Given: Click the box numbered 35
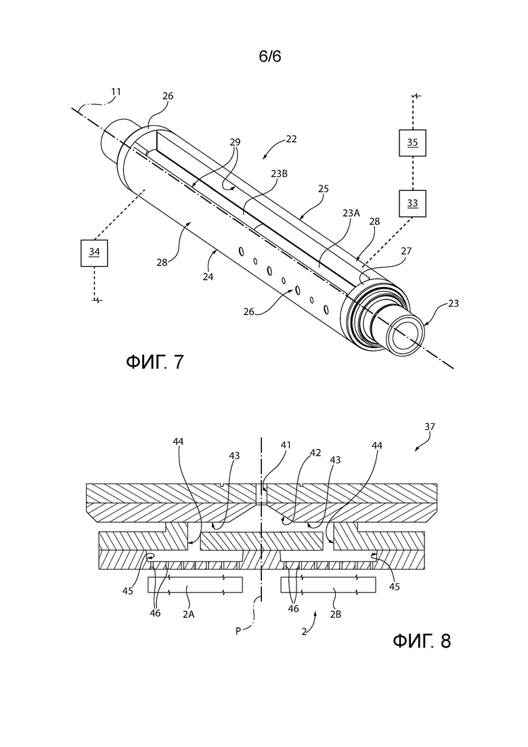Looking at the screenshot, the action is (x=412, y=143).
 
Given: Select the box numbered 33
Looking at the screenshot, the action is (x=412, y=203).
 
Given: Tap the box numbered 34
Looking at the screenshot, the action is (x=94, y=253).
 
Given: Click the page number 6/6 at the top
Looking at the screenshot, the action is (x=270, y=56).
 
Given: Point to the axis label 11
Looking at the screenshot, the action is (x=116, y=91).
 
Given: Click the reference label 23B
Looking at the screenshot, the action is (x=280, y=174).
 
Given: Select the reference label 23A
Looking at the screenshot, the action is (x=351, y=213).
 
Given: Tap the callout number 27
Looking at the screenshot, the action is (x=406, y=251).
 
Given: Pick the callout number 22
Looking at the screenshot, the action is (x=291, y=139).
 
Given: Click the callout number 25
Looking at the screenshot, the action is (x=324, y=189).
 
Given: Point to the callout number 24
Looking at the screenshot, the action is (x=208, y=276).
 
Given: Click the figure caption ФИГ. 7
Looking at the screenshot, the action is (x=155, y=362).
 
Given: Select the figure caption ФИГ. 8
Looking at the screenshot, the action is (x=422, y=641).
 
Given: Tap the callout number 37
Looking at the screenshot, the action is (x=429, y=427).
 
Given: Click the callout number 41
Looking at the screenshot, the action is (x=286, y=446).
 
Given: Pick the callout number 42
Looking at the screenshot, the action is (x=315, y=452).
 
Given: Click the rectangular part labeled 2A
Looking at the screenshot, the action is (x=195, y=584).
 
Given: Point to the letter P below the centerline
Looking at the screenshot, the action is (x=238, y=631).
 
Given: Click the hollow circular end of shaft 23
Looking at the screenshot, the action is (x=405, y=337).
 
